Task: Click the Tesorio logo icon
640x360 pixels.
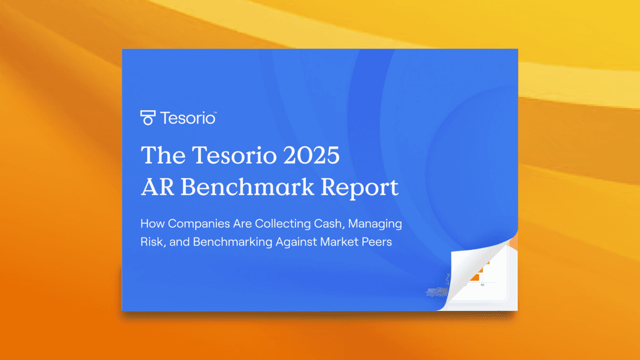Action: coord(148,117)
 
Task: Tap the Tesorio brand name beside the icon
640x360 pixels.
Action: coord(188,118)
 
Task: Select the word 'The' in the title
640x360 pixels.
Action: coord(162,155)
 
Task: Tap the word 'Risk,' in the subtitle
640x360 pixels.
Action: coord(154,242)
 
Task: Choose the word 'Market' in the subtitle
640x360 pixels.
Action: coord(340,242)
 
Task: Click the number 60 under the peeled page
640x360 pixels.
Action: coord(482,285)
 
